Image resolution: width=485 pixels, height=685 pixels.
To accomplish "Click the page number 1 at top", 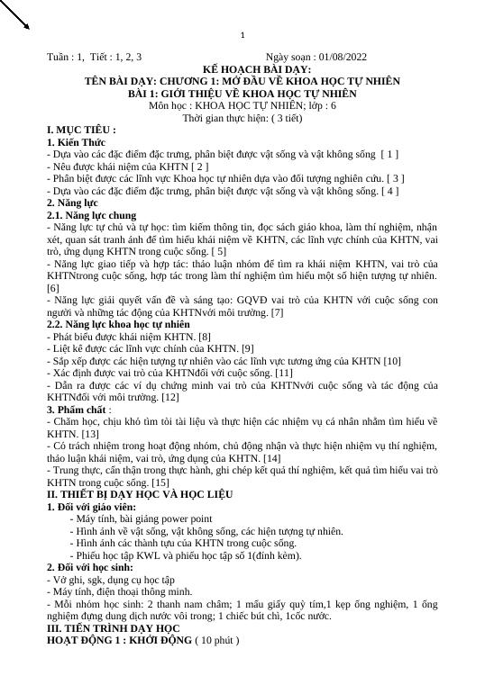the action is [x=242, y=35].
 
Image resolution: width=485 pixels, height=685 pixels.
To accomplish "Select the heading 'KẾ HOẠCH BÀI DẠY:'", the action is [x=242, y=69].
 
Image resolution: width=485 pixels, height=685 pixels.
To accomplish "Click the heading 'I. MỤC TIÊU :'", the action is [x=81, y=131].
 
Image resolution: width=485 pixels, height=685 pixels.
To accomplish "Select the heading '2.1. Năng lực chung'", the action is [x=91, y=216].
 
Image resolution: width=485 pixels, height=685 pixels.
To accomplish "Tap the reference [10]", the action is [x=391, y=361].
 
